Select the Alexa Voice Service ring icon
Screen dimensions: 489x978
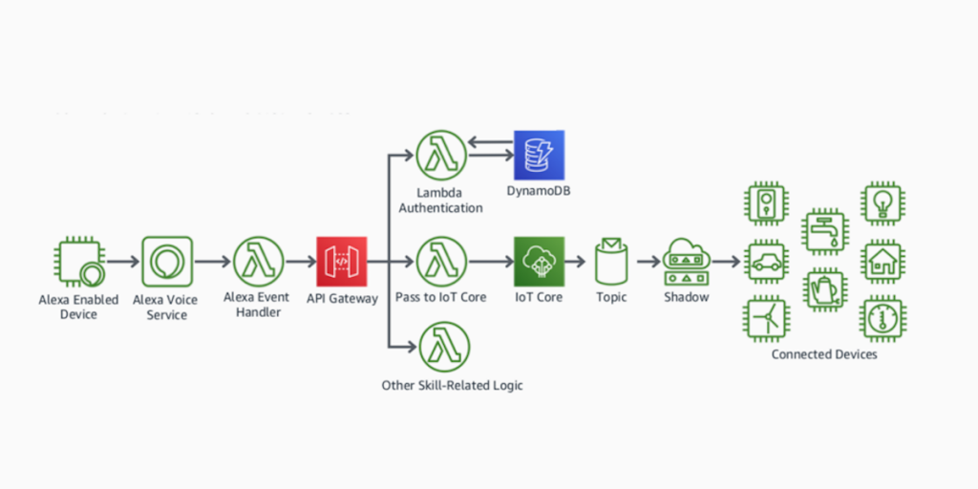[x=167, y=262]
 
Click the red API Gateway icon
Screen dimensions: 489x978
[x=341, y=262]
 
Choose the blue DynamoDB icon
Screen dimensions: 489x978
[x=540, y=156]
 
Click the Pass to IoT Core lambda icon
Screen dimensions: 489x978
[x=441, y=262]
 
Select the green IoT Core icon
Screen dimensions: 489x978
[x=540, y=262]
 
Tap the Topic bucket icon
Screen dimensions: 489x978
[x=611, y=262]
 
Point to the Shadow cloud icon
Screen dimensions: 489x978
[x=688, y=261]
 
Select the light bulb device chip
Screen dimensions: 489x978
[x=883, y=203]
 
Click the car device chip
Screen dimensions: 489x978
[x=767, y=262]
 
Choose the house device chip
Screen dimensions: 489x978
[x=883, y=262]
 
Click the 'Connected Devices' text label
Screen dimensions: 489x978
[x=823, y=354]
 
